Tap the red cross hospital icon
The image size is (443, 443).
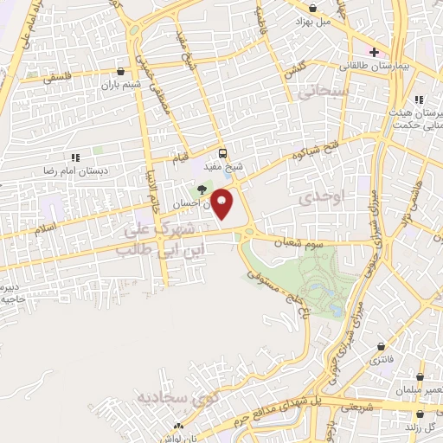click(x=374, y=51)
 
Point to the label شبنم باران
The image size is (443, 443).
click(x=119, y=85)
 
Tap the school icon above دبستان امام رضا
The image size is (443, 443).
click(x=74, y=157)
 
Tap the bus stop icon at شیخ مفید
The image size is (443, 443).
click(x=223, y=150)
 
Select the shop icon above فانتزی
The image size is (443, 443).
click(x=381, y=345)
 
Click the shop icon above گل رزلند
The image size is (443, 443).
click(x=408, y=413)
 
